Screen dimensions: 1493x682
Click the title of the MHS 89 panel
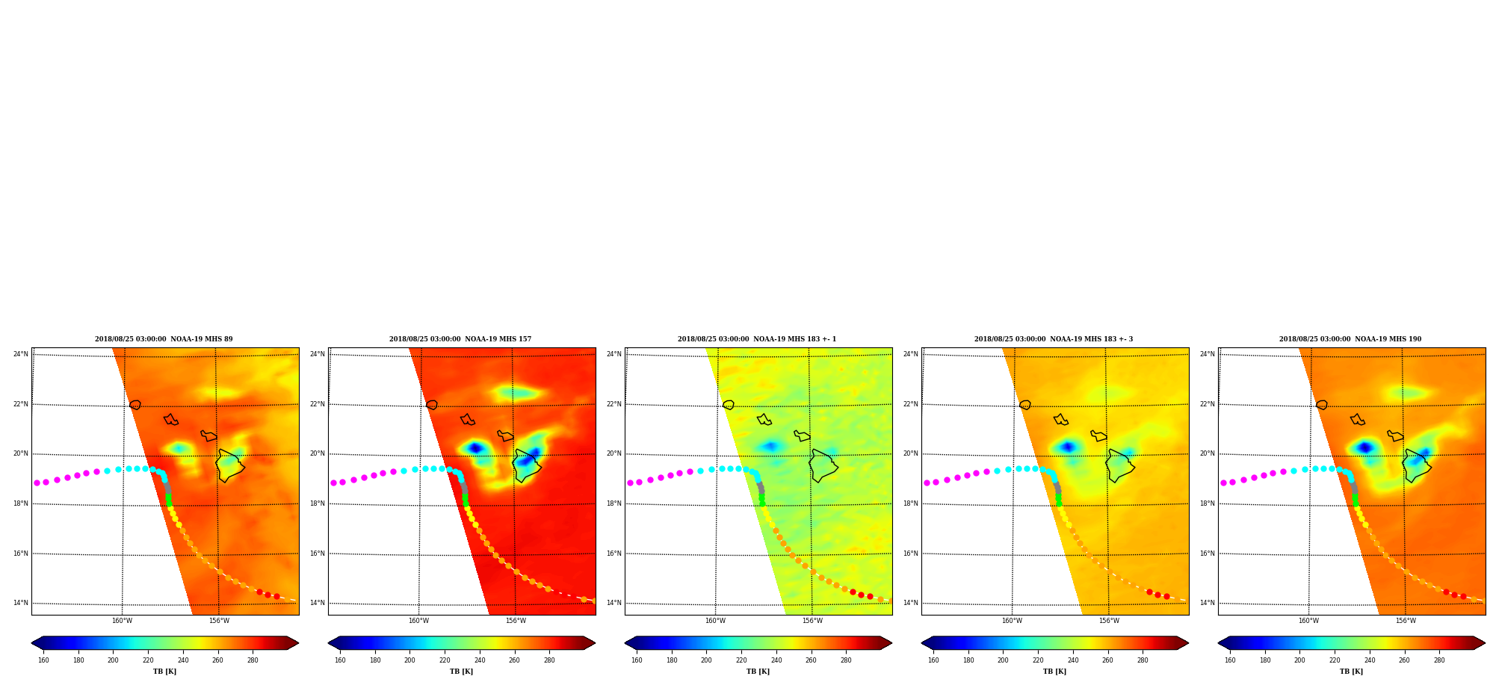pos(164,339)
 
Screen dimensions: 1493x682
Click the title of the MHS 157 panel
pos(460,339)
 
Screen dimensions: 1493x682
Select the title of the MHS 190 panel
pos(1350,339)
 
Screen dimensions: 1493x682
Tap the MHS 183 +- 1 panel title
pos(757,339)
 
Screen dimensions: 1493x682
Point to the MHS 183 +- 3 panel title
pos(1054,339)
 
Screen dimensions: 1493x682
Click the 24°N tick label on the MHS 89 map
pos(21,354)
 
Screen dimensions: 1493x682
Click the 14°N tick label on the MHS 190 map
pos(1208,603)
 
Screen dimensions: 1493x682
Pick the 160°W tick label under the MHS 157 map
pos(418,621)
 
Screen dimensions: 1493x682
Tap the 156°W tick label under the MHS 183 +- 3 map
pos(1109,621)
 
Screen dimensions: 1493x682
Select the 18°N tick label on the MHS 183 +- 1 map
pos(614,503)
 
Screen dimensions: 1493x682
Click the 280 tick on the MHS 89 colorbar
pos(253,660)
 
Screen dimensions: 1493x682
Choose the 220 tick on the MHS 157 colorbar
pos(445,660)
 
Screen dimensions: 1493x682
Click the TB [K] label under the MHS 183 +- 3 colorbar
pos(1054,672)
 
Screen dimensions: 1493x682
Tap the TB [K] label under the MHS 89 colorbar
pos(164,672)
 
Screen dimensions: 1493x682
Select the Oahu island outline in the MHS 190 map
pos(1357,420)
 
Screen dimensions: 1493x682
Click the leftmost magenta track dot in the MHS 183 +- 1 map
pos(630,483)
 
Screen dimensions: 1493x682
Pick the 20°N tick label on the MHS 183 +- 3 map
pos(911,453)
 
